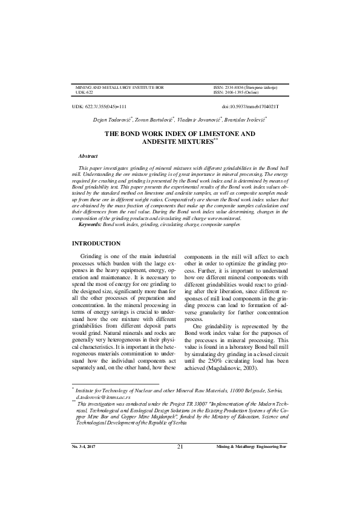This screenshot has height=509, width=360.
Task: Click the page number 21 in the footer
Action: (x=180, y=480)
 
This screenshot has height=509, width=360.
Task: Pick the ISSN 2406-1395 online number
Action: (x=237, y=92)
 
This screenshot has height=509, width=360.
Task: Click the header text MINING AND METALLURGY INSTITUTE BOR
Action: (x=119, y=88)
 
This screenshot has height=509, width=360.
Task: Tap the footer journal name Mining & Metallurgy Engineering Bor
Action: (x=251, y=481)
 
